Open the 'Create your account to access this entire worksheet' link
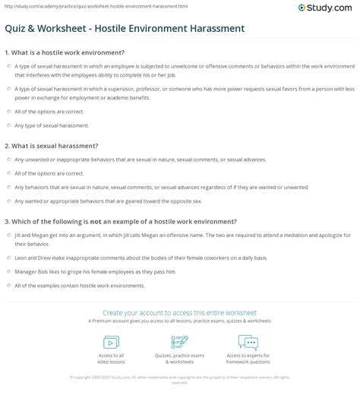(x=179, y=312)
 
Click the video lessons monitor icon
(x=111, y=341)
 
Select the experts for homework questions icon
(x=248, y=341)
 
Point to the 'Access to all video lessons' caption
(x=111, y=359)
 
